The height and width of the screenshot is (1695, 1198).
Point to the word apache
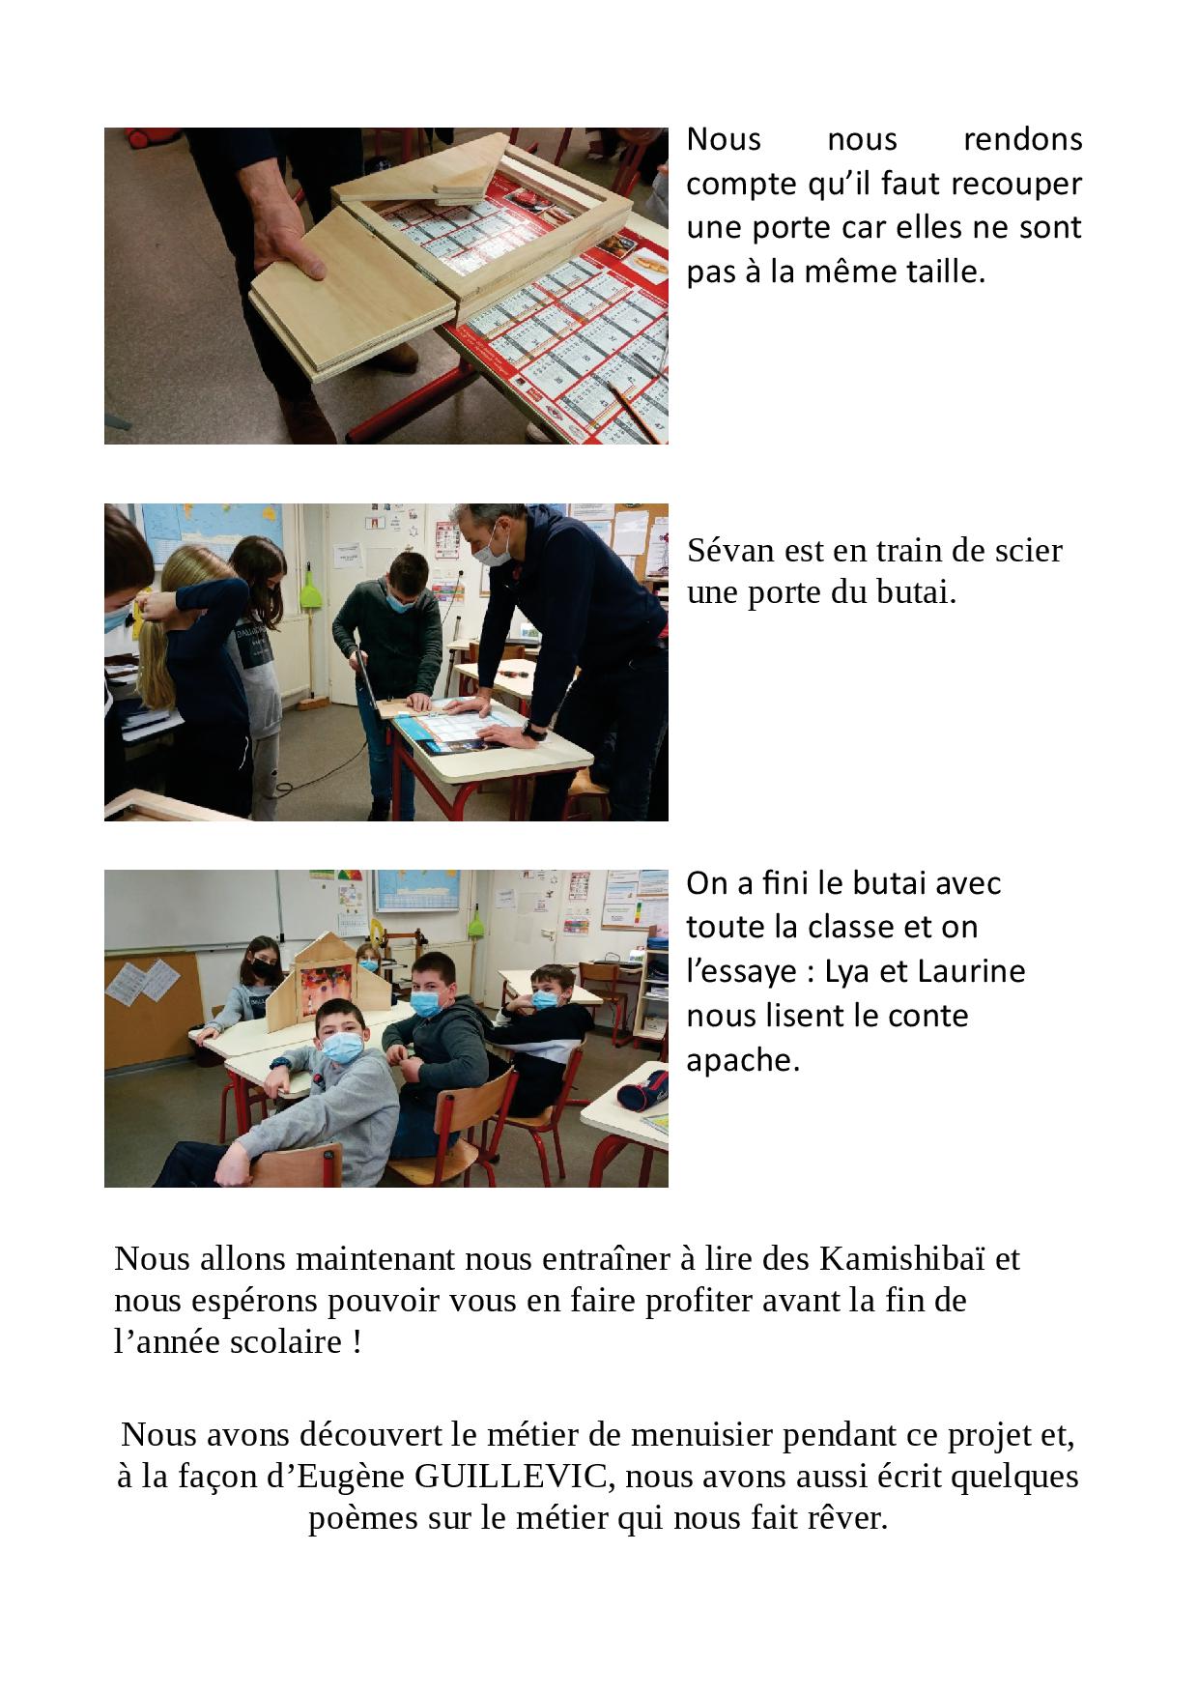(743, 1061)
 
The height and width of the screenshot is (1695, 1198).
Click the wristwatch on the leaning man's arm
(533, 732)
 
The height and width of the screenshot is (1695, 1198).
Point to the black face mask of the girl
(262, 966)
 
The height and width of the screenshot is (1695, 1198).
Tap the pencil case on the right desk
(642, 1090)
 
